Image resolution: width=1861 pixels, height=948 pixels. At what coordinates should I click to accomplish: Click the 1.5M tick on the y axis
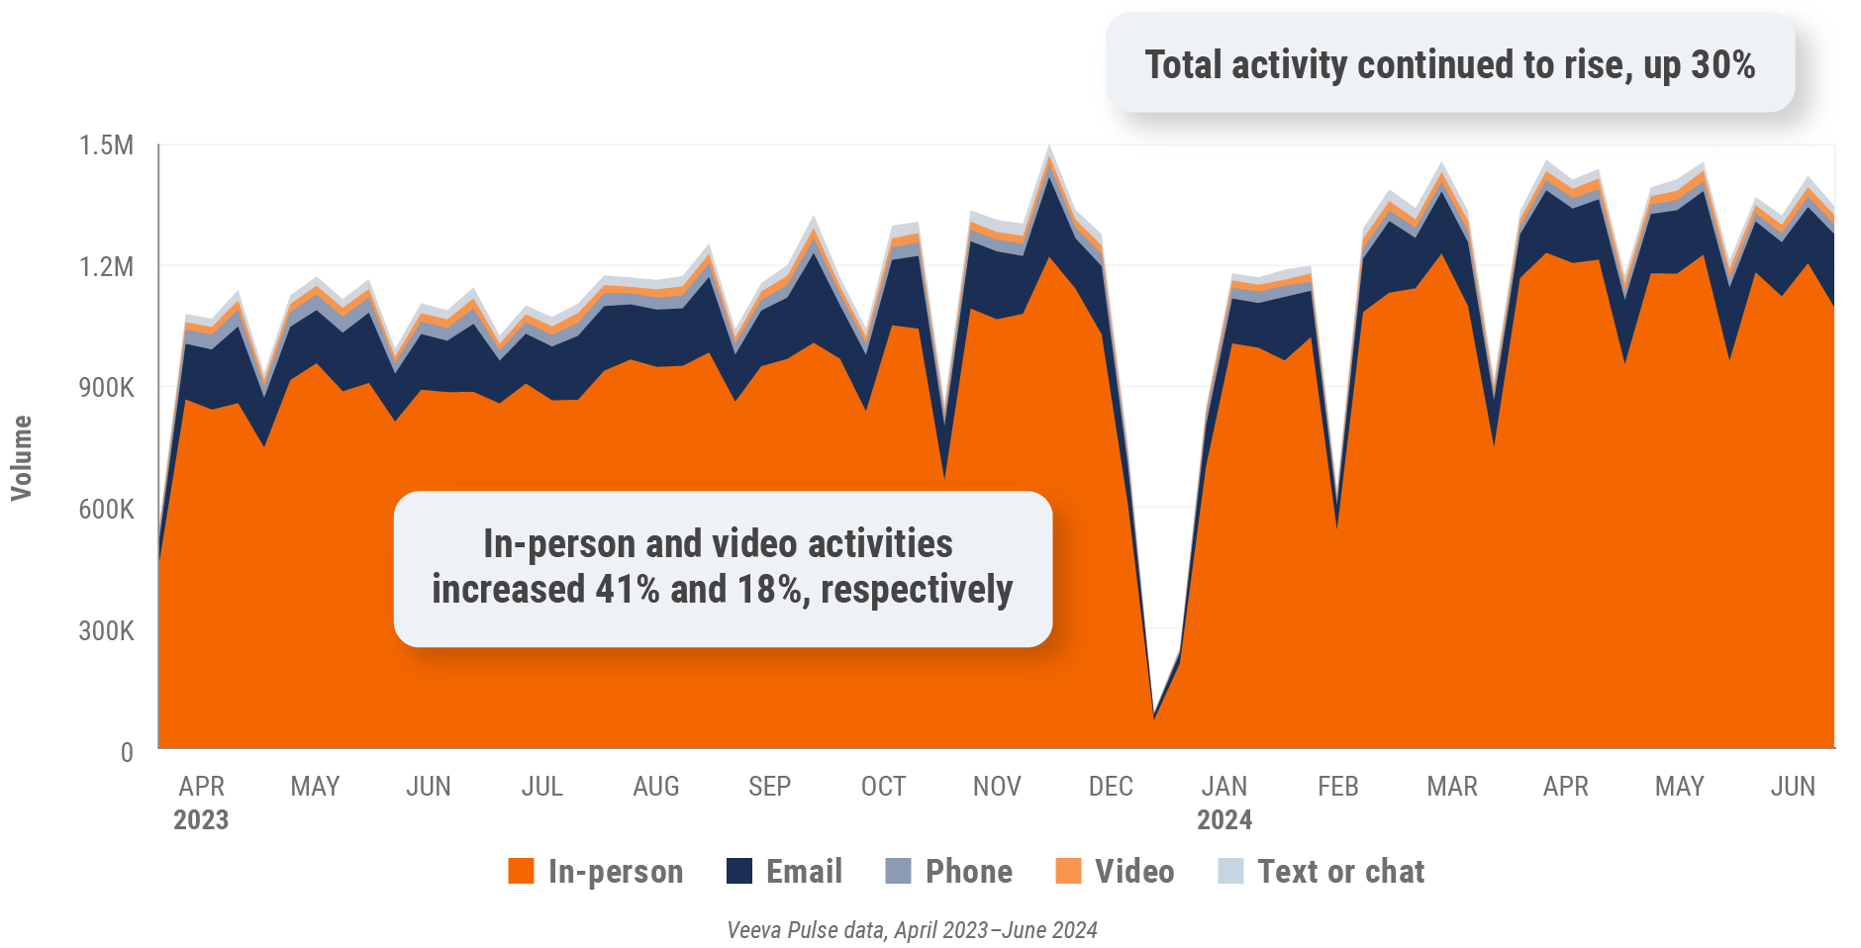(106, 145)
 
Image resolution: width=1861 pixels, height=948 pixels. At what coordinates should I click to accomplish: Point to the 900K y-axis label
(106, 388)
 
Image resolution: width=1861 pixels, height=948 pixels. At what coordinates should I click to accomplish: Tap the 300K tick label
(106, 631)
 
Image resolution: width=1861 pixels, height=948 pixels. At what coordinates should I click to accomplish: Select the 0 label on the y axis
(127, 752)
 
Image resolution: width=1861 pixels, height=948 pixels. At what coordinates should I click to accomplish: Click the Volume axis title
(21, 457)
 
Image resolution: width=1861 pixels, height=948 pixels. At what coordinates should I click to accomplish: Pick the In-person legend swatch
(521, 871)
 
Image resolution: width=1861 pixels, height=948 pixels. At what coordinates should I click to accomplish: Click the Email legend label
(804, 871)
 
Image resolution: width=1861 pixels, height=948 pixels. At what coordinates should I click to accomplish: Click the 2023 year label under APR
(201, 820)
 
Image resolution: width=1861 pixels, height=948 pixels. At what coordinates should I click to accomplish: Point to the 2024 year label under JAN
(1224, 820)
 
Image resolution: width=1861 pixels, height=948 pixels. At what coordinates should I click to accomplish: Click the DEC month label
(1111, 787)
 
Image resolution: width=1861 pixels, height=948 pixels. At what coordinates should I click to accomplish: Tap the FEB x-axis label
(1338, 787)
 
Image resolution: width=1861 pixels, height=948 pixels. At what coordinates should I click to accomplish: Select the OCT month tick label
(883, 787)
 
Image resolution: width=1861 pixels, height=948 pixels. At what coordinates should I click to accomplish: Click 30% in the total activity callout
(1722, 65)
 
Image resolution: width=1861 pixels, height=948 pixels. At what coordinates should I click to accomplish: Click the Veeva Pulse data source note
(912, 930)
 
